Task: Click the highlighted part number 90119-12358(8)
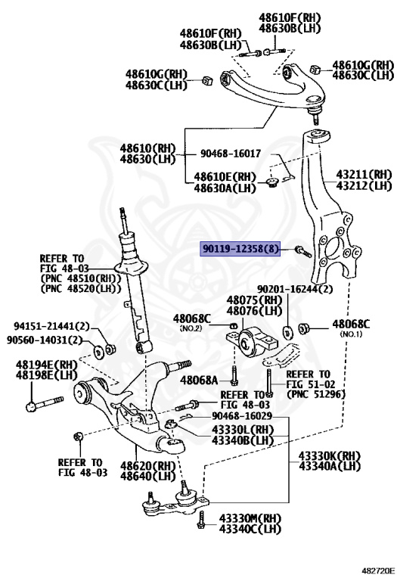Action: point(240,248)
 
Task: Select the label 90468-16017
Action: point(231,154)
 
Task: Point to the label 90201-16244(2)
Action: point(295,289)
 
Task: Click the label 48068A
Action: point(203,379)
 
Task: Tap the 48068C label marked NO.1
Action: point(351,325)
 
